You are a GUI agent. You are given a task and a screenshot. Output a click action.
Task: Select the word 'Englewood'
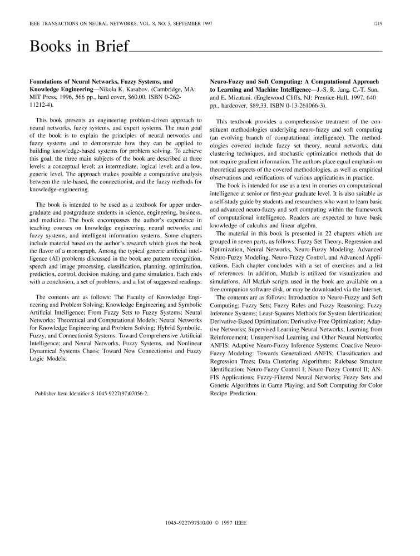tap(276, 96)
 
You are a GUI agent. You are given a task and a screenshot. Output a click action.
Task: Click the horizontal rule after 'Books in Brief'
tap(256, 51)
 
